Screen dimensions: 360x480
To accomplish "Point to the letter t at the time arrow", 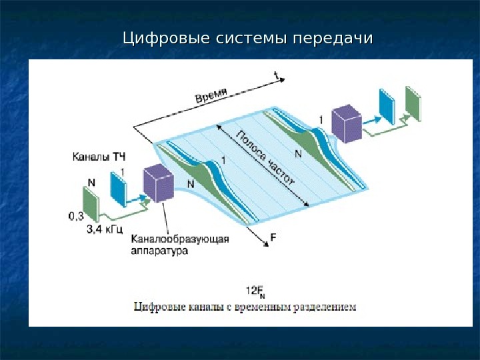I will [275, 75].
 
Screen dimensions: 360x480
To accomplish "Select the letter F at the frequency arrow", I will [273, 237].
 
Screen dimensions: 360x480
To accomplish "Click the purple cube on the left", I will [159, 184].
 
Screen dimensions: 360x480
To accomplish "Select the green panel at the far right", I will [413, 103].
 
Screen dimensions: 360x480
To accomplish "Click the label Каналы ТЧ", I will [98, 157].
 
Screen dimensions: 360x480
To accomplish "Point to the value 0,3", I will [76, 215].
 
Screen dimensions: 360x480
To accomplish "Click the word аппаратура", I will [159, 251].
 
